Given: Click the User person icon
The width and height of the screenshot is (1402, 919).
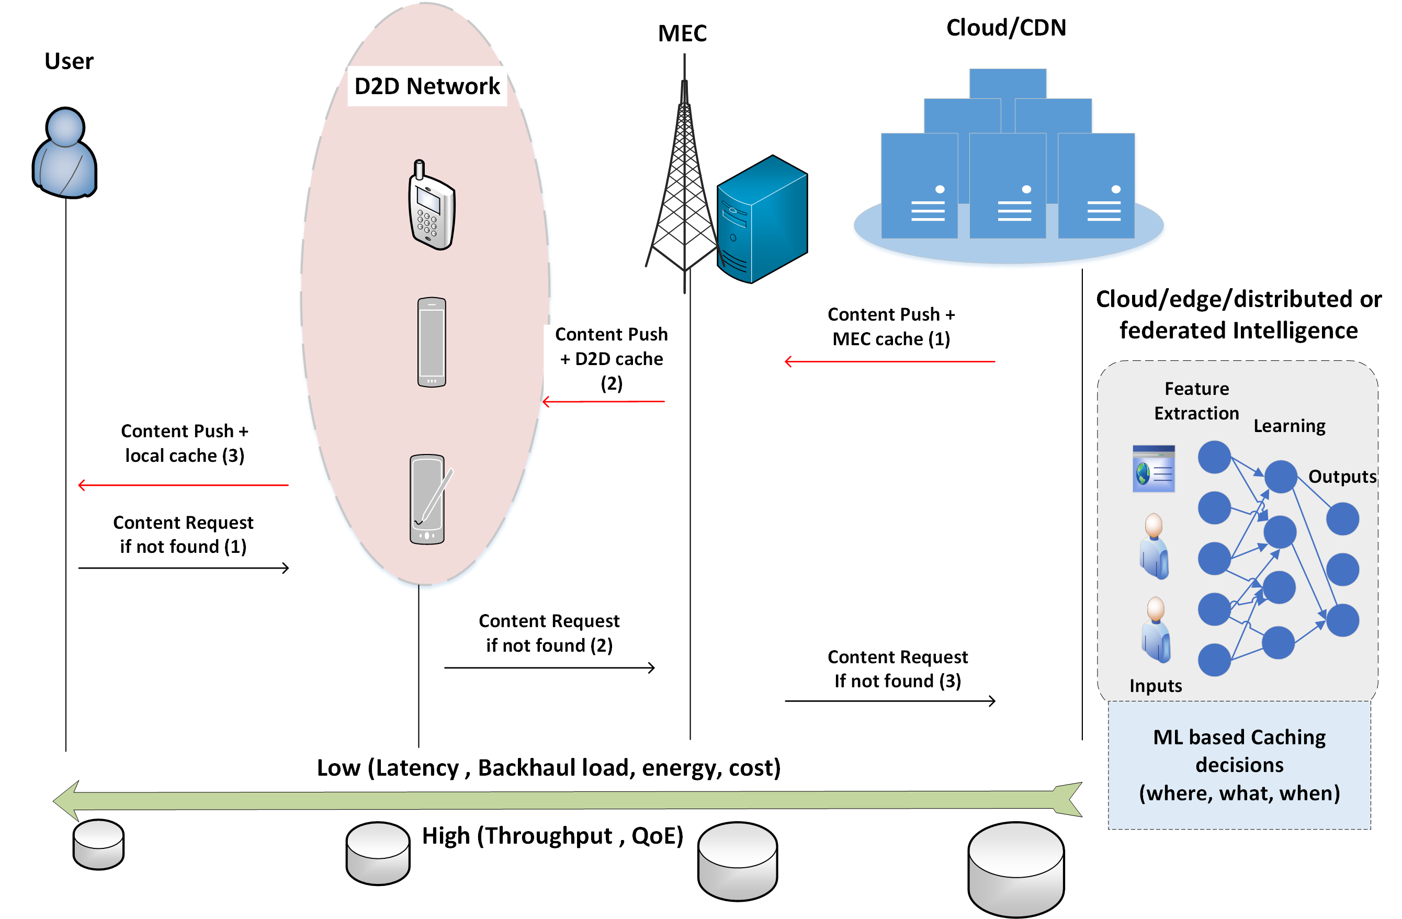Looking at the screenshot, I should click(x=65, y=153).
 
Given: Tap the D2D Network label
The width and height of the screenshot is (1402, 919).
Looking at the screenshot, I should click(x=426, y=86).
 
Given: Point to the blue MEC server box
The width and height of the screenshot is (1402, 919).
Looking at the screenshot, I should click(x=762, y=219).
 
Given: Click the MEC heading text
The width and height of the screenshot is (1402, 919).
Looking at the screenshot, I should click(x=682, y=33).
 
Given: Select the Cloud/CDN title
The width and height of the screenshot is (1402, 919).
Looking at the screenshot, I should click(x=1005, y=28).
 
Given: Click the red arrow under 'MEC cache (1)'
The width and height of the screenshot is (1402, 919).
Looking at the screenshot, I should click(x=889, y=361).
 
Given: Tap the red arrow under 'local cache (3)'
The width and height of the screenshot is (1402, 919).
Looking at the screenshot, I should click(x=183, y=485).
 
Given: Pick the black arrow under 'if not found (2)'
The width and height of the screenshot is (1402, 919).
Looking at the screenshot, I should click(x=549, y=667).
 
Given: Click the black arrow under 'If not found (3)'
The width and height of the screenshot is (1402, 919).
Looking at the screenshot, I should click(x=889, y=700).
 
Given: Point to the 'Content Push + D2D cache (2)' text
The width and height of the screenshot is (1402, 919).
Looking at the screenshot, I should click(x=612, y=358).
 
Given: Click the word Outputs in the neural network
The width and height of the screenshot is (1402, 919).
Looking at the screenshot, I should click(x=1341, y=476).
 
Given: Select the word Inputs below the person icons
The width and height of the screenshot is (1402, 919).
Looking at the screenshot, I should click(x=1155, y=685).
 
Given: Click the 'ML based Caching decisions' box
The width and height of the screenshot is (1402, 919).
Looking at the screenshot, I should click(x=1239, y=765).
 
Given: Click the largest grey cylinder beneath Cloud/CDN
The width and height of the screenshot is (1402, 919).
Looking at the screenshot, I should click(x=1015, y=869).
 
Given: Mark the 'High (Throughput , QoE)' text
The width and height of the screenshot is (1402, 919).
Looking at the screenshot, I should click(x=552, y=835).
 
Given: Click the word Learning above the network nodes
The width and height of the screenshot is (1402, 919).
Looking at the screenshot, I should click(x=1289, y=425).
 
